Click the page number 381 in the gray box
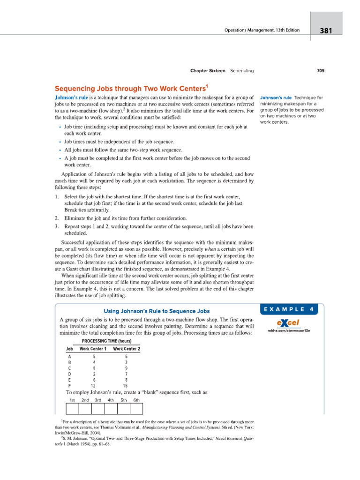tap(326, 31)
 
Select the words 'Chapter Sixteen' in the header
tap(208, 71)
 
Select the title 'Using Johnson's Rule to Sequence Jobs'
tap(156, 311)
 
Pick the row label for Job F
tap(69, 386)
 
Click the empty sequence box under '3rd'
tap(98, 409)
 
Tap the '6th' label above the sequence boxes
tap(136, 400)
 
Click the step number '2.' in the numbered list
tap(56, 218)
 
